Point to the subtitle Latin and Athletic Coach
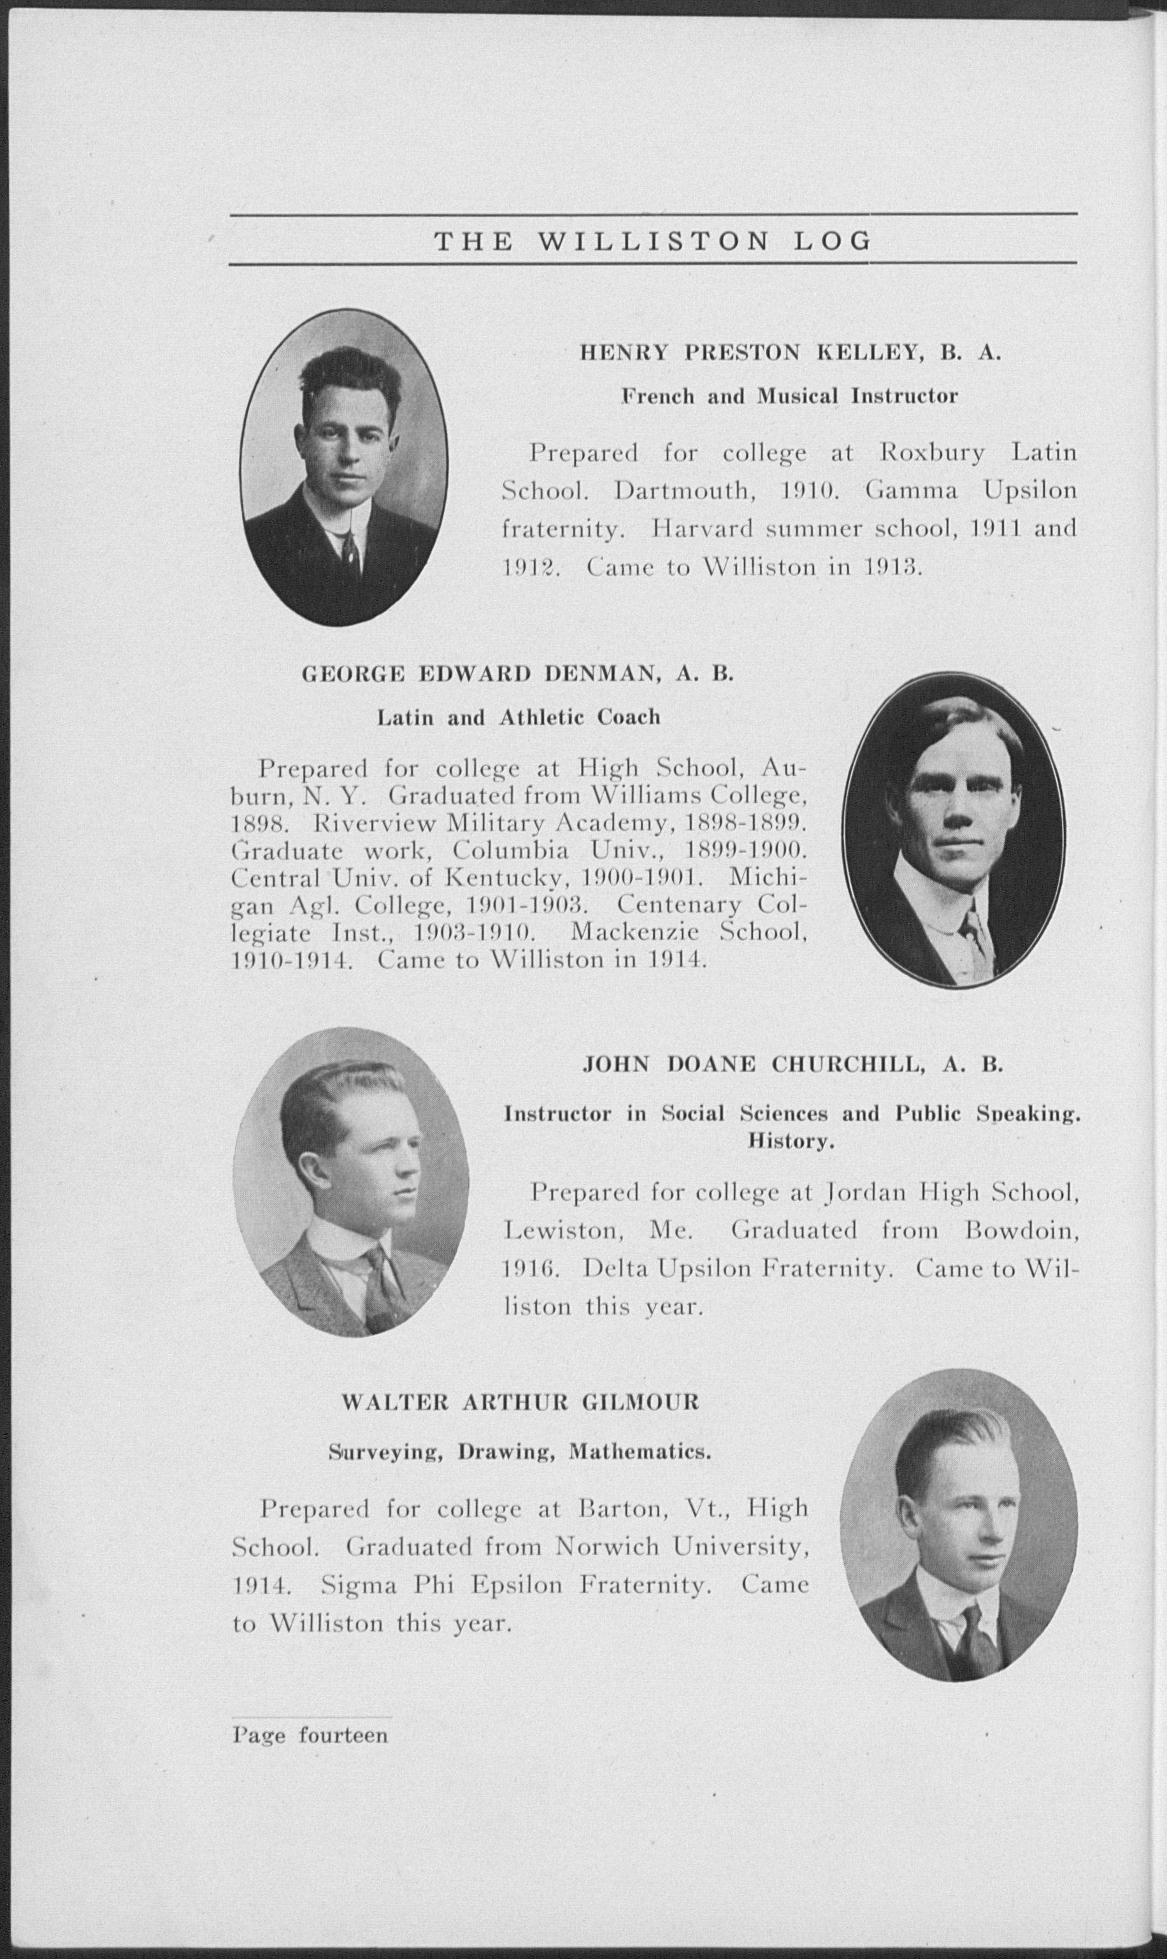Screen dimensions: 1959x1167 tap(519, 718)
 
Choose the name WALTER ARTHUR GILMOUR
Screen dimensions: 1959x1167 tap(520, 1402)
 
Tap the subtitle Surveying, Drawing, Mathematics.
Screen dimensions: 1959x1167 tap(520, 1451)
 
